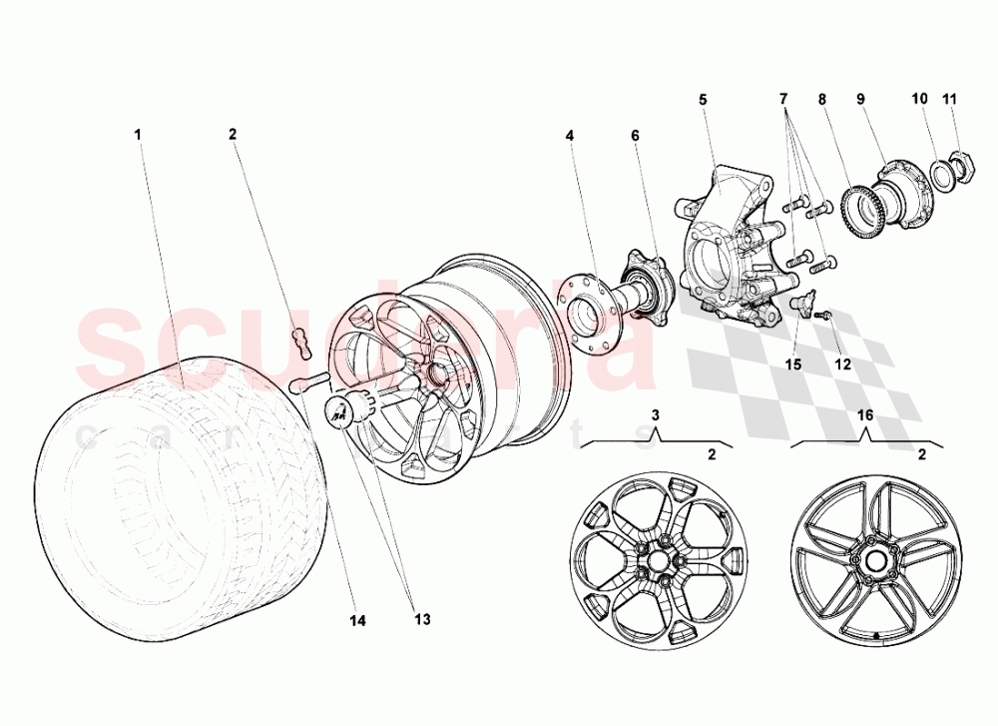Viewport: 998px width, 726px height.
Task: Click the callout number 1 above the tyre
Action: (137, 134)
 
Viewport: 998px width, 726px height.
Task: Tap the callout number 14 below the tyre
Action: (357, 620)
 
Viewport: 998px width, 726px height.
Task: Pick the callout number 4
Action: (569, 134)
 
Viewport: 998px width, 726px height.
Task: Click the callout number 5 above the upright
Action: (703, 99)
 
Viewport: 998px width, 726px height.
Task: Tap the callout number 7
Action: (783, 99)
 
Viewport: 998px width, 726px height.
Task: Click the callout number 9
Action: (859, 99)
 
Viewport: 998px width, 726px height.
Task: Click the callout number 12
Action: (843, 363)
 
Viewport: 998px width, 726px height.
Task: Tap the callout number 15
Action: (792, 363)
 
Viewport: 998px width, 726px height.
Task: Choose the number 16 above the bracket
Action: (864, 413)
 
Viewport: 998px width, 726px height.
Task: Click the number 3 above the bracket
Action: (656, 413)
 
